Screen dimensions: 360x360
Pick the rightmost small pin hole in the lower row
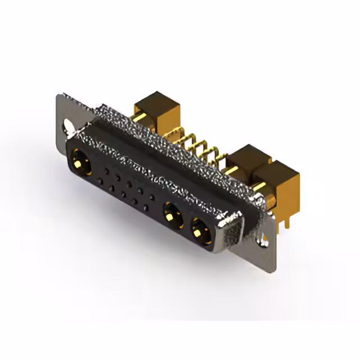[x=146, y=207]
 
